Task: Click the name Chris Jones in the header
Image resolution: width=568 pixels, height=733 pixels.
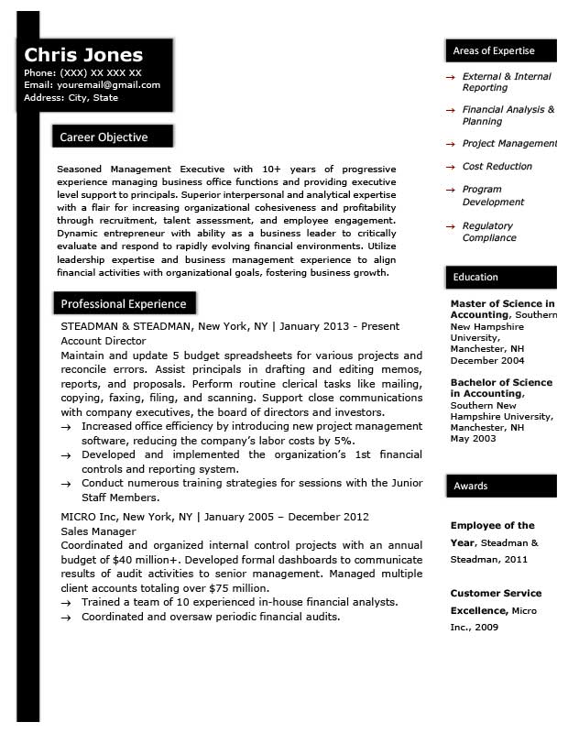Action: click(83, 54)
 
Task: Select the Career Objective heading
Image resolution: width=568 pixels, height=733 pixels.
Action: click(104, 137)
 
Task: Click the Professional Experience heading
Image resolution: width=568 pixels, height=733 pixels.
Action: click(123, 303)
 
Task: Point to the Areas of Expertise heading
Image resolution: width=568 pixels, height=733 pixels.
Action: click(494, 50)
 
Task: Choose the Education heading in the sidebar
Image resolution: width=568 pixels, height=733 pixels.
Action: click(475, 277)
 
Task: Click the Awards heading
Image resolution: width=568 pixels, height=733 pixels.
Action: click(471, 486)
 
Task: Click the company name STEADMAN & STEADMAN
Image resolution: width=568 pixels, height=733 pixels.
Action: click(126, 326)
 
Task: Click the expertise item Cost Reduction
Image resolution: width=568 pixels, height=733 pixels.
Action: click(497, 167)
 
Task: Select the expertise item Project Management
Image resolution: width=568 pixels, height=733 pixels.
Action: click(508, 144)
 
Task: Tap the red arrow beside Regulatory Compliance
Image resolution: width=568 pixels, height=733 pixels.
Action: click(450, 226)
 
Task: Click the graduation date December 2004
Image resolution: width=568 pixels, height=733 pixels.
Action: click(488, 360)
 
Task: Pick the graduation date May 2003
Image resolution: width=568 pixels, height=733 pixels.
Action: click(472, 438)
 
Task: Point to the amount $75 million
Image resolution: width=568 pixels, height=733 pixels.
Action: click(230, 588)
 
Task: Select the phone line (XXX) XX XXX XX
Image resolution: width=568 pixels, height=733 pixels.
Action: click(101, 72)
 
